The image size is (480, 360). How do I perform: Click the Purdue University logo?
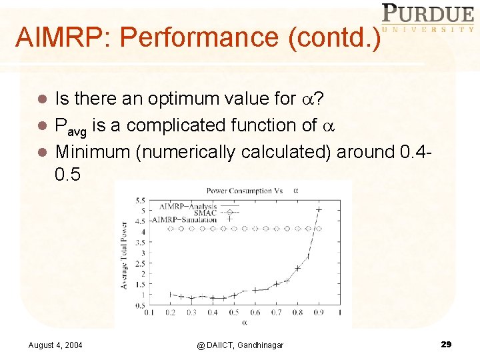[x=427, y=18]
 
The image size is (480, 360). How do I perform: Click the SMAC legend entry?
[x=204, y=213]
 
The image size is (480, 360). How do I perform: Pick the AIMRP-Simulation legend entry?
[x=185, y=219]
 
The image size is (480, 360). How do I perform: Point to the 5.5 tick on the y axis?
[x=140, y=200]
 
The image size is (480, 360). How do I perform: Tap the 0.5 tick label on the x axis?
[x=233, y=312]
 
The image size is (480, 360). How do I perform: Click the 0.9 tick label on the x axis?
[x=319, y=312]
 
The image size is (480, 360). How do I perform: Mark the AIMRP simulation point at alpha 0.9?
[x=319, y=211]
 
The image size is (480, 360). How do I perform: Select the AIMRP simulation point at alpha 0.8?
[x=298, y=268]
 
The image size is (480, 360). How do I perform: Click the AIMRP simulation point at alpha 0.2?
[x=170, y=294]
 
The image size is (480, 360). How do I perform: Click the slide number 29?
[x=446, y=344]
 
